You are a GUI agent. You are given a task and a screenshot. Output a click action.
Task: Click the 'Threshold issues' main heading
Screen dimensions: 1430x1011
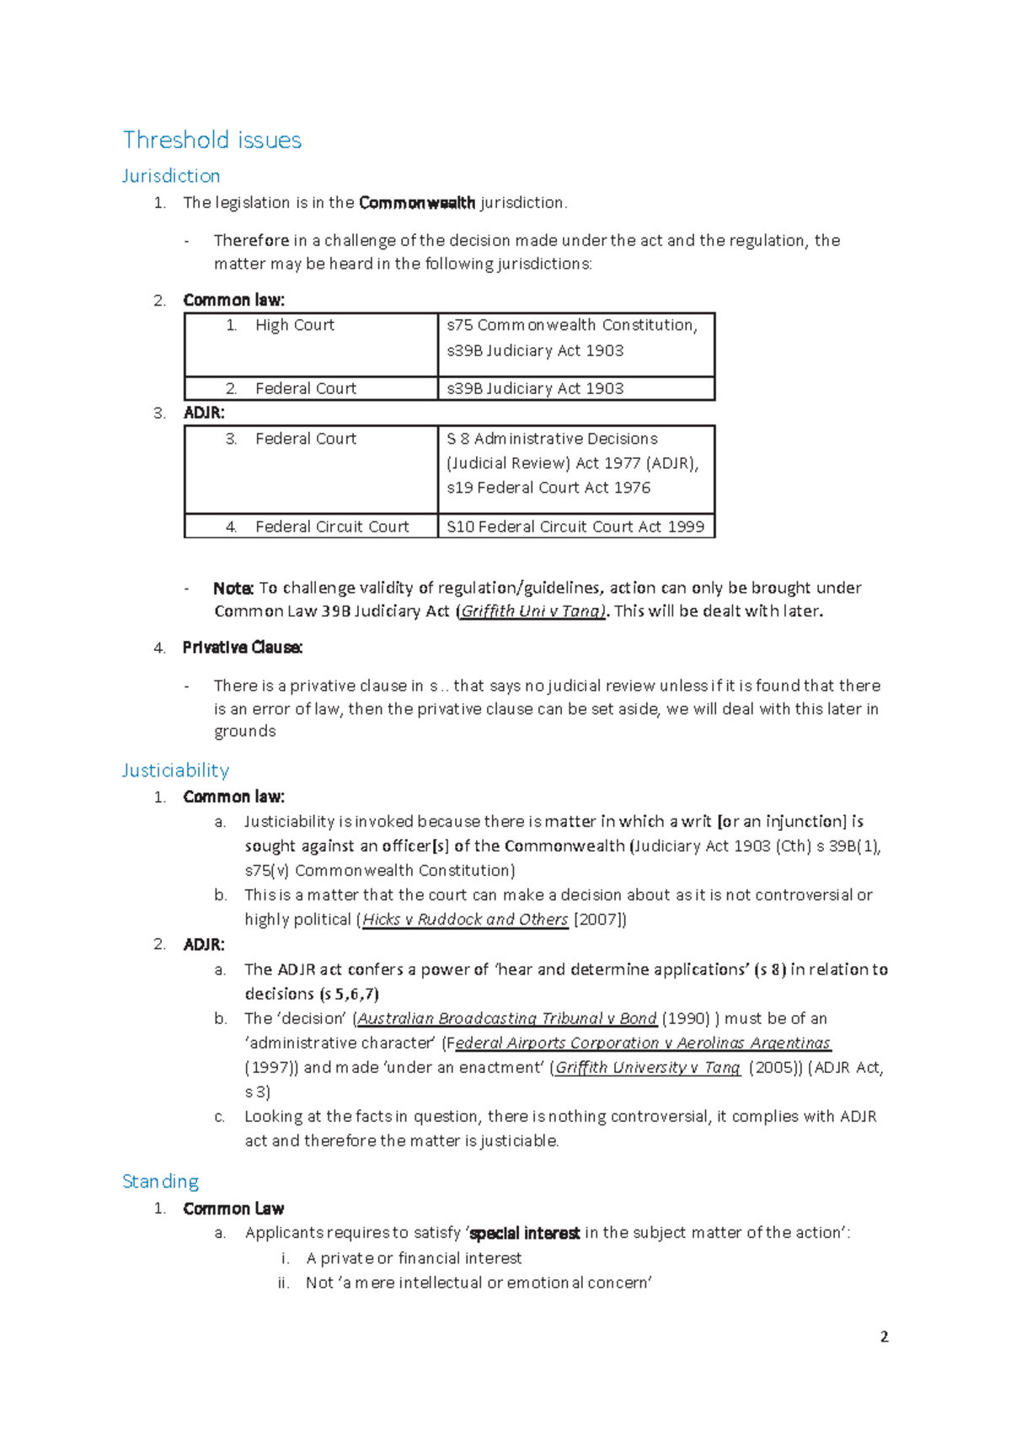click(x=211, y=140)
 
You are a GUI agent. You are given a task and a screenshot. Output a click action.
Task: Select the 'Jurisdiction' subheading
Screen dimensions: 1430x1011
click(x=171, y=176)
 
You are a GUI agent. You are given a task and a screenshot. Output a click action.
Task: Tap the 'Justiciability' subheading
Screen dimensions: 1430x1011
click(x=175, y=771)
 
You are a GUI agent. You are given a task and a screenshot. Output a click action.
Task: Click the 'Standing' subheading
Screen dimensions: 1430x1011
click(x=160, y=1182)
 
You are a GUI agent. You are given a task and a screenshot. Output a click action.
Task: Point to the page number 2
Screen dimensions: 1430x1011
click(x=884, y=1337)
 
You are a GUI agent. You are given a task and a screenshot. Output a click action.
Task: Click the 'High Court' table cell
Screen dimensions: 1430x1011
click(x=294, y=325)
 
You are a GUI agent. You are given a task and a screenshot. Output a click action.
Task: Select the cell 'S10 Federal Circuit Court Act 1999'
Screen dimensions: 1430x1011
click(x=575, y=526)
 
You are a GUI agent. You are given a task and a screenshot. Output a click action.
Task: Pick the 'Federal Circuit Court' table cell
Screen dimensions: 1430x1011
click(x=331, y=526)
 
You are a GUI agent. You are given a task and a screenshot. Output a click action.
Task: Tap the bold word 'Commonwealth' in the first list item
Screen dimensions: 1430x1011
click(x=416, y=203)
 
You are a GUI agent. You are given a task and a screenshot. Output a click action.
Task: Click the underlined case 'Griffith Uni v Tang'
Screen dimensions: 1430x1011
click(x=532, y=611)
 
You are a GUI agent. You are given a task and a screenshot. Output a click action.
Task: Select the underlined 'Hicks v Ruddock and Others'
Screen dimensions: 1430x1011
click(x=465, y=920)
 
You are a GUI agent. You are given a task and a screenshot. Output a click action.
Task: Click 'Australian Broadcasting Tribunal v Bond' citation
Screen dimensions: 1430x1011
click(x=507, y=1018)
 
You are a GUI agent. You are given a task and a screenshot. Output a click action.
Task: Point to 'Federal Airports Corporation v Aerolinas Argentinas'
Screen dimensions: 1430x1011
click(x=638, y=1043)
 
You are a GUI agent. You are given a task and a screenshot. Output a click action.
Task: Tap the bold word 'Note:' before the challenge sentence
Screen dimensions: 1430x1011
click(x=233, y=588)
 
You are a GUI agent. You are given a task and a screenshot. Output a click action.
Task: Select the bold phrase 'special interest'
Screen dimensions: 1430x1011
click(x=524, y=1233)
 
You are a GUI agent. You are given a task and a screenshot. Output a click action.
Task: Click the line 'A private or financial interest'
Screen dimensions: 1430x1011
click(x=414, y=1258)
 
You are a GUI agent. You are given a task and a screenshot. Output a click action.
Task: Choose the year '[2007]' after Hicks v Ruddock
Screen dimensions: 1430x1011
click(x=599, y=920)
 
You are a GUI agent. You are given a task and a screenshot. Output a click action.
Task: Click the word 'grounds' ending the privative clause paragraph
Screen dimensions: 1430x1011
click(x=244, y=731)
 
